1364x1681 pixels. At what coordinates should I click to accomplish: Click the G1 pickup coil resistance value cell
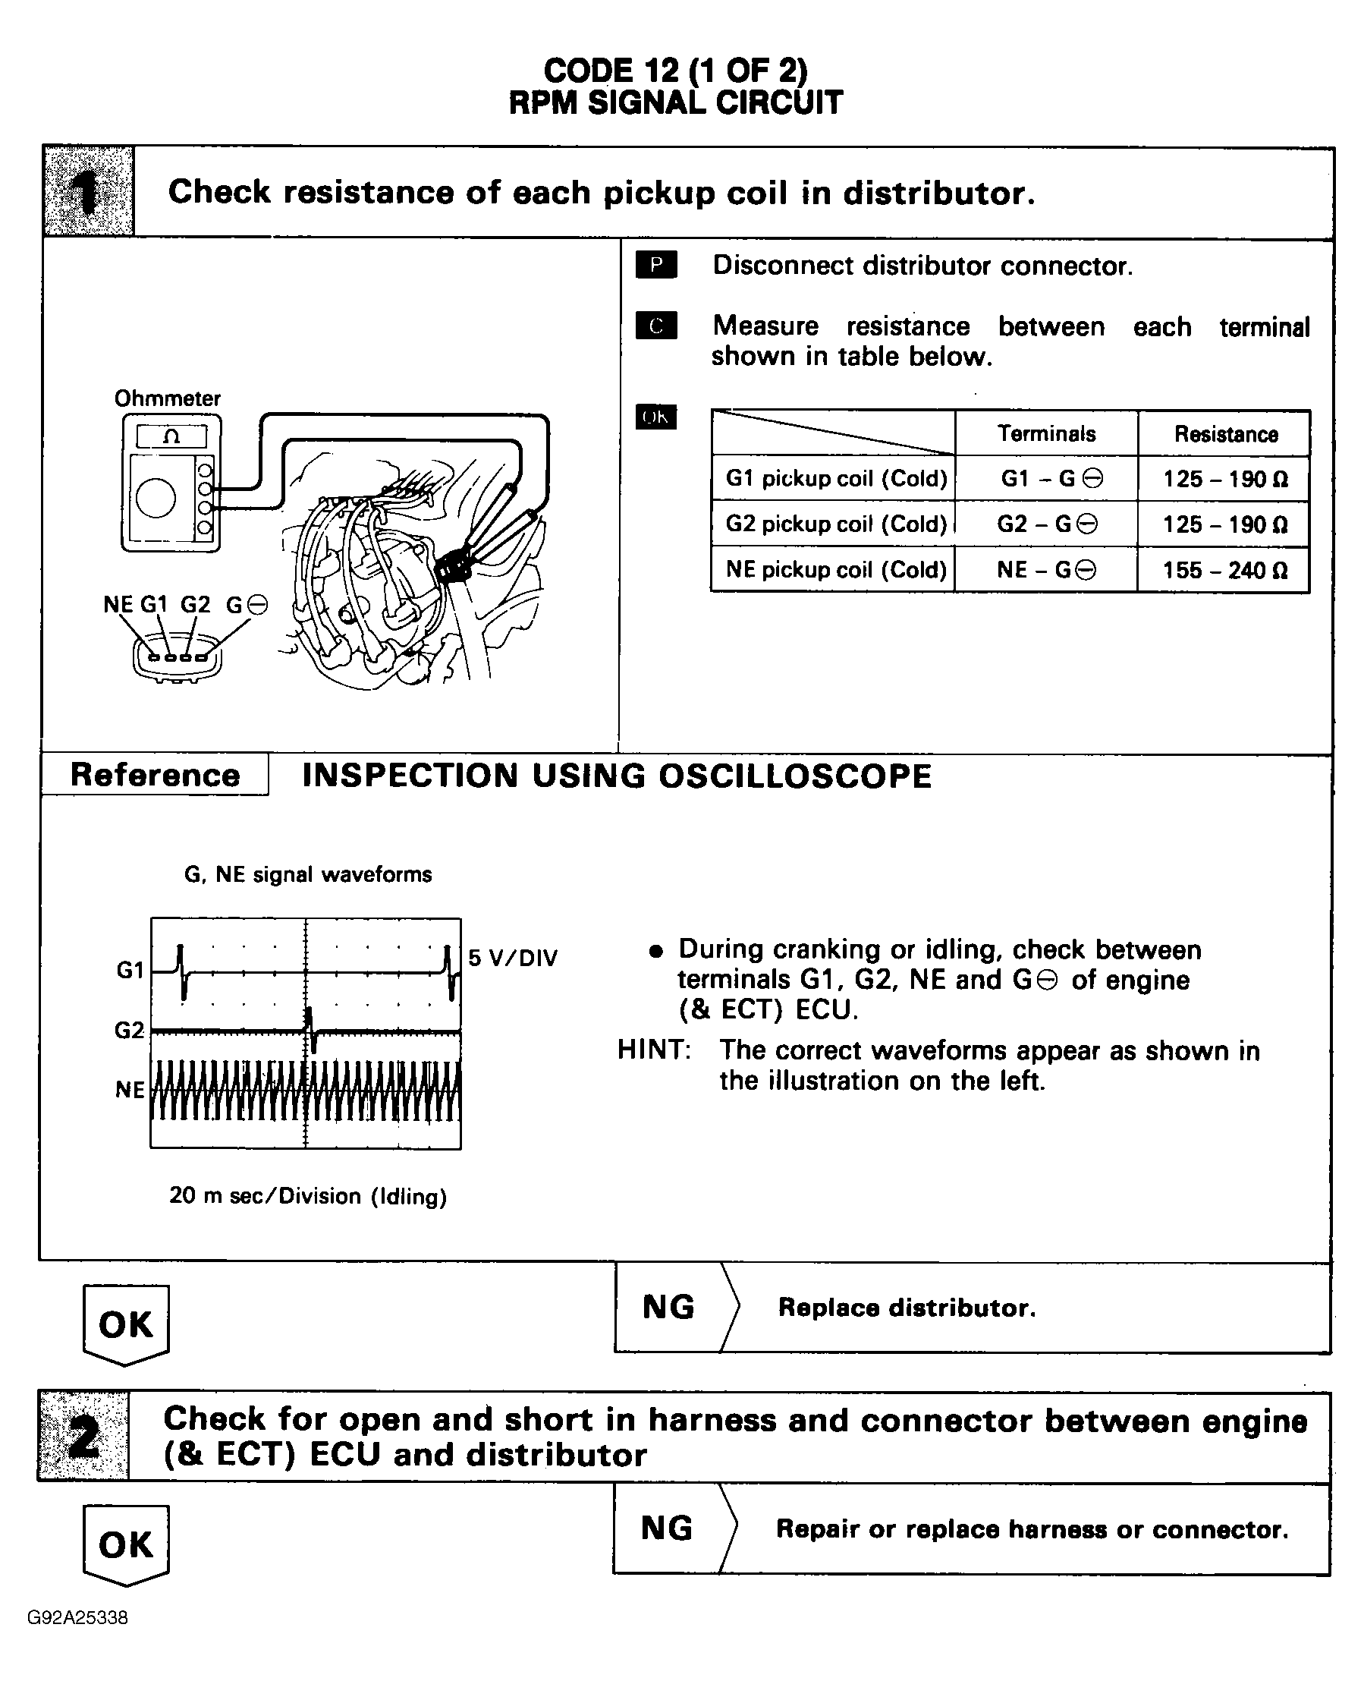click(x=1224, y=479)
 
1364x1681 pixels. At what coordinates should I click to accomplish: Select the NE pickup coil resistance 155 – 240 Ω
click(x=1224, y=570)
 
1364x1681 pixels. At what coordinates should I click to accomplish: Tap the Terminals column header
click(x=1046, y=433)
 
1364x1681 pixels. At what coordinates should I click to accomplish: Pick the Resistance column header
click(x=1225, y=434)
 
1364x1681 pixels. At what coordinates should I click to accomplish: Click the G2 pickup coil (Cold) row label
click(x=835, y=524)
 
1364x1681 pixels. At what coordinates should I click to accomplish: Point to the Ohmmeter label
click(x=168, y=398)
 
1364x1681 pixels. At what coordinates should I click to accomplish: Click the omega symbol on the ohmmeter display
click(x=171, y=437)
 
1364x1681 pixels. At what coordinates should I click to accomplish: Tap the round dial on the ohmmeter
click(x=156, y=499)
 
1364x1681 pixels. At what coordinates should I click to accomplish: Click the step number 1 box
click(x=88, y=192)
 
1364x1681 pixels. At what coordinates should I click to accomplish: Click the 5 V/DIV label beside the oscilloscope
click(x=512, y=958)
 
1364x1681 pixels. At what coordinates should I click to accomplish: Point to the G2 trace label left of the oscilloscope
click(x=130, y=1030)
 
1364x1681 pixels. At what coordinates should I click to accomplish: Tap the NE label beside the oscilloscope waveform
click(x=130, y=1090)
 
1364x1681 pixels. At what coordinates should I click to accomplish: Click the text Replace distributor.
click(x=907, y=1308)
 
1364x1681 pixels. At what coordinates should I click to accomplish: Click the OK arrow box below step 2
click(x=126, y=1545)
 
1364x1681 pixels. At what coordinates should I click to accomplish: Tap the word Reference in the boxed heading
click(x=155, y=775)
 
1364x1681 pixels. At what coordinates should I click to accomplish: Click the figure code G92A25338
click(x=77, y=1617)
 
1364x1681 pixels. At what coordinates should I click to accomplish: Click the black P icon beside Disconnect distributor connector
click(x=656, y=265)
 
